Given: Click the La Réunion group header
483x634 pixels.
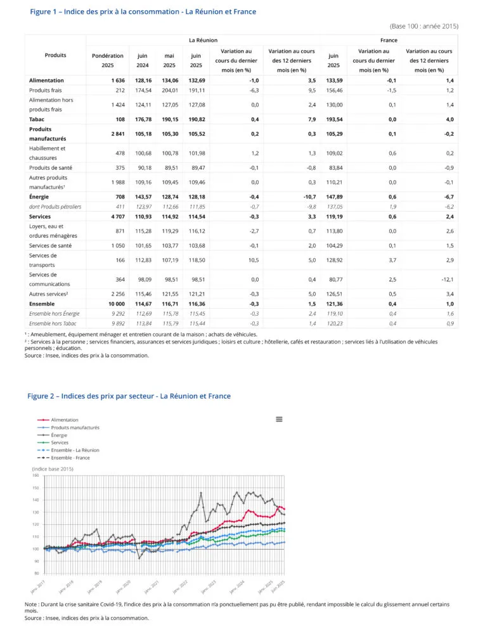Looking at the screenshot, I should pyautogui.click(x=203, y=40).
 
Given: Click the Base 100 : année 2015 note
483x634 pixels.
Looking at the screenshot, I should pyautogui.click(x=423, y=26).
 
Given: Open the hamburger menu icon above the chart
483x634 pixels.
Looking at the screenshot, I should pyautogui.click(x=279, y=419).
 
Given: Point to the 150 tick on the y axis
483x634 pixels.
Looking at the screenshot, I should pyautogui.click(x=35, y=488).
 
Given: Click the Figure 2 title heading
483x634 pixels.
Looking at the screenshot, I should pyautogui.click(x=129, y=396).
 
